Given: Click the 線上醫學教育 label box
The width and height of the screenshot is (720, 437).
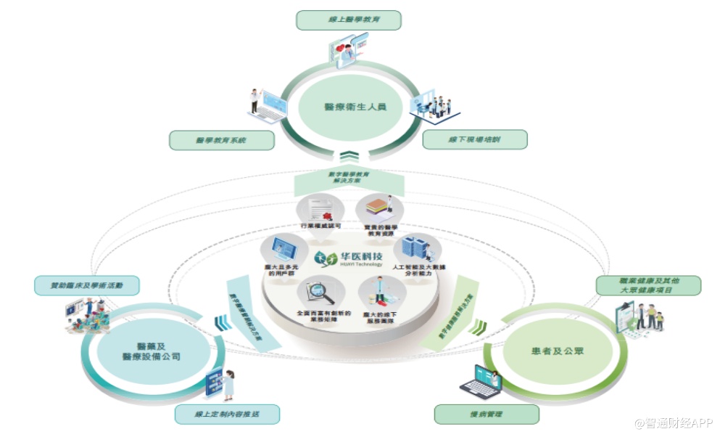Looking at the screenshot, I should pos(349,20).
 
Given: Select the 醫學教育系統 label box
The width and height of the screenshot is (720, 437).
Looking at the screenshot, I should pos(222,140).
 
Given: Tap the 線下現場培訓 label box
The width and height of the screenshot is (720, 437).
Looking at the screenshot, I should pos(475,139).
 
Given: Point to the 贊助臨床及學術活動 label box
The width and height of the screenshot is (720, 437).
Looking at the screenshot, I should pos(88,285).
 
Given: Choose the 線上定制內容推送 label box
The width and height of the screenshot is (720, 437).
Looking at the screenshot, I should pos(227,414).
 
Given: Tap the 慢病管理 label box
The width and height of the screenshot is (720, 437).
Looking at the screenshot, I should pos(487,414).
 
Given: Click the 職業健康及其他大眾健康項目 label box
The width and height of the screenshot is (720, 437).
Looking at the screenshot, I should pos(648,285).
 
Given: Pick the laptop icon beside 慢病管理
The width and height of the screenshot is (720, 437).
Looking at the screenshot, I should pos(481,381).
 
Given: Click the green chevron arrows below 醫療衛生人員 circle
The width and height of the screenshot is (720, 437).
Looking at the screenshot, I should pos(349,155).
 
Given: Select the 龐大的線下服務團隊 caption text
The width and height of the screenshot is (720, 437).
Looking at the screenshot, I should pos(376,317).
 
